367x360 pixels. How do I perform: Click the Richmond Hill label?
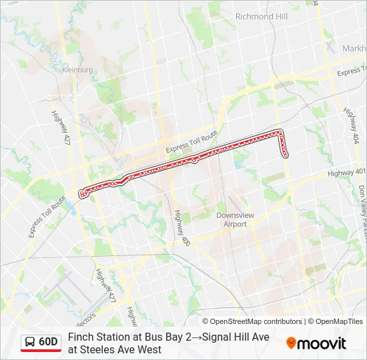click(x=261, y=16)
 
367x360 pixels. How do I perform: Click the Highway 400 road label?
click(x=181, y=229)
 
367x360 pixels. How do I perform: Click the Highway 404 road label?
click(x=351, y=125)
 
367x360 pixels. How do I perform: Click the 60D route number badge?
click(x=48, y=342)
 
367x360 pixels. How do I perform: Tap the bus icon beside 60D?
click(x=31, y=342)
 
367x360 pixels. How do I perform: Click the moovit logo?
click(x=316, y=343)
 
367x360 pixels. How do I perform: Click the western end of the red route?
click(x=82, y=194)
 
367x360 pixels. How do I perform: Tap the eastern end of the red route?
click(x=286, y=156)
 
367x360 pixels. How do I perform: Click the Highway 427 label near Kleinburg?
click(x=59, y=126)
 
